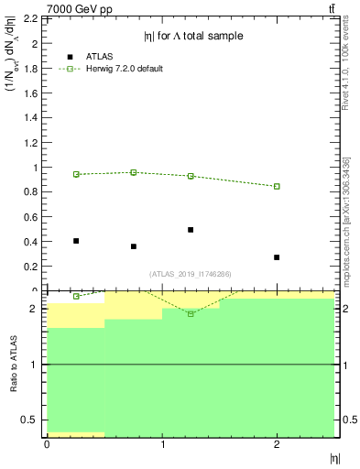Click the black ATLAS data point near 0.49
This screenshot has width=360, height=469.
click(191, 230)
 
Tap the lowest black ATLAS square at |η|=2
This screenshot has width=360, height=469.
click(277, 257)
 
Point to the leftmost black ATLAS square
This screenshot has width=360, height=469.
click(76, 241)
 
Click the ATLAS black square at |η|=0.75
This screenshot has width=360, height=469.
click(134, 246)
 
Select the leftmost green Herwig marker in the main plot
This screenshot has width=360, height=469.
click(76, 174)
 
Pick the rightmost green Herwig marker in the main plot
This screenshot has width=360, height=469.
click(277, 186)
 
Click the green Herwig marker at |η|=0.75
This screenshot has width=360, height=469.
click(134, 172)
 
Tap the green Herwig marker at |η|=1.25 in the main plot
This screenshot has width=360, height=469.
click(191, 176)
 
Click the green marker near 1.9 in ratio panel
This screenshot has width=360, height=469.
click(191, 313)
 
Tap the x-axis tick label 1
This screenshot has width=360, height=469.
click(162, 444)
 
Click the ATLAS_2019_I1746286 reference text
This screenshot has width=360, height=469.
click(190, 274)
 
